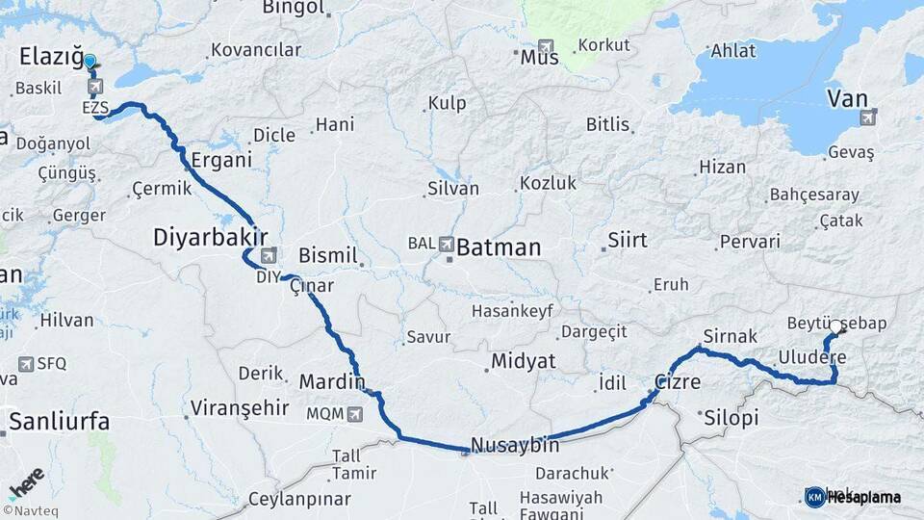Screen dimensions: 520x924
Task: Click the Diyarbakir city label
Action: coord(210,238)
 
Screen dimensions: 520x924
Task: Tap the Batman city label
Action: coord(498,247)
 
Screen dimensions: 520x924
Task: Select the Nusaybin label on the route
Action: coord(514,446)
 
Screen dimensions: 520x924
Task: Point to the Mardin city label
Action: coord(332,382)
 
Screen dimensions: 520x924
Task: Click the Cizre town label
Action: coord(678,381)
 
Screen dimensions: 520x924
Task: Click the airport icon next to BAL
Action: coord(447,245)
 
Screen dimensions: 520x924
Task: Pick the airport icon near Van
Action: coord(869,117)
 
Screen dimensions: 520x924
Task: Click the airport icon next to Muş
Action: coord(547,46)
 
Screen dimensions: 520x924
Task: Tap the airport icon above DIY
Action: coord(268,256)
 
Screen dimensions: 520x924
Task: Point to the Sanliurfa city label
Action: coord(60,421)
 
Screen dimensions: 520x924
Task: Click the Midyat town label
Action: coord(524,361)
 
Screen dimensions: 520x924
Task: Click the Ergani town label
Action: coord(220,160)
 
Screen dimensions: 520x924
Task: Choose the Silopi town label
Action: coord(731,418)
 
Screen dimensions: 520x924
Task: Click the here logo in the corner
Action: coord(26,481)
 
